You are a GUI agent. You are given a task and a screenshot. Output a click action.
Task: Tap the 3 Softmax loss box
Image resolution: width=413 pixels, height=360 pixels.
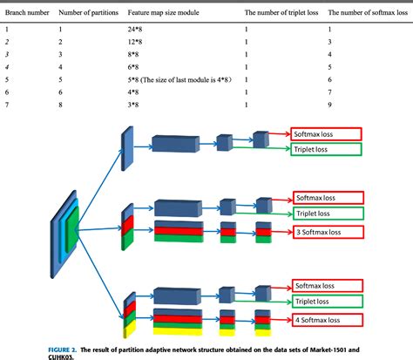tap(324, 234)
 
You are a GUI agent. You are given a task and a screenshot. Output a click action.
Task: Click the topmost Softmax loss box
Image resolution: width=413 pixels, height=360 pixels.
tap(324, 134)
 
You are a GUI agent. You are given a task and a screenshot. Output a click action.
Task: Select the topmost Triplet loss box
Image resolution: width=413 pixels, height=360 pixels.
tap(324, 151)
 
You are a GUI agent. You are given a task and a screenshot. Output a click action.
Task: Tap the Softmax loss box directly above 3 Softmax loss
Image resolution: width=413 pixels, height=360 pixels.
tap(324, 198)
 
